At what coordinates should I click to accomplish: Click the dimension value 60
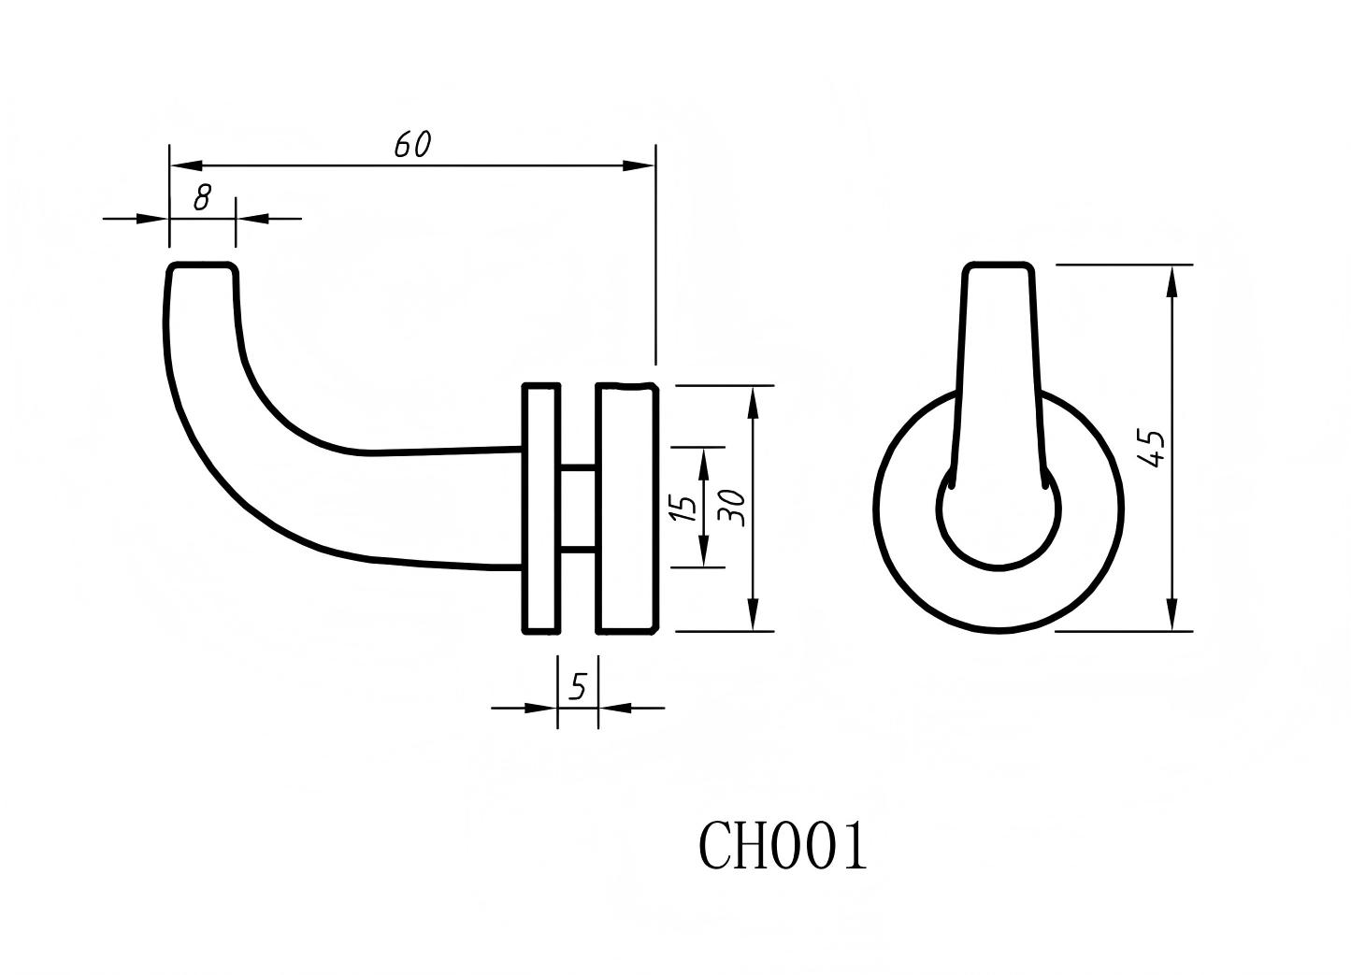point(411,145)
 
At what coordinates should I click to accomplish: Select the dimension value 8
point(202,198)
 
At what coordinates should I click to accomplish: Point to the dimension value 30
point(733,507)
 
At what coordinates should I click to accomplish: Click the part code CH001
point(783,847)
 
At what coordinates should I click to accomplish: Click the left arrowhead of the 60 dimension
point(185,165)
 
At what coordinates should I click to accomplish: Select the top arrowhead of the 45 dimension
point(1171,280)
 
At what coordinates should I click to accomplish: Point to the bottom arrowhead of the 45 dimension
point(1171,616)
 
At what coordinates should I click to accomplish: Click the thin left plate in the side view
point(540,508)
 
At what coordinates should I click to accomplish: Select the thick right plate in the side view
point(626,508)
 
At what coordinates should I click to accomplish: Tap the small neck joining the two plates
point(578,507)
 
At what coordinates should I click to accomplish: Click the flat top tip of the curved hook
point(202,267)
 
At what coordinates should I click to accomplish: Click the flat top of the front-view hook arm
point(999,266)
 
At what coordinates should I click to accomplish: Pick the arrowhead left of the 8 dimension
point(153,219)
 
